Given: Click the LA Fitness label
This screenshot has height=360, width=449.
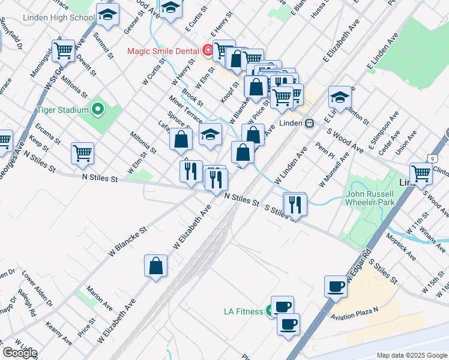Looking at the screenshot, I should [x=243, y=311].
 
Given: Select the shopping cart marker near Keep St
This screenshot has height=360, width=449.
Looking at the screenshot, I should [x=82, y=152].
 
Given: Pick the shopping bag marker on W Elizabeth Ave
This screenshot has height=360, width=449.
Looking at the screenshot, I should [x=156, y=266].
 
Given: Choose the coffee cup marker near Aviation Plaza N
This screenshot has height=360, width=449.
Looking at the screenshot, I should [x=336, y=286].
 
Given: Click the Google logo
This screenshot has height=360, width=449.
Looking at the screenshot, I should [x=19, y=353].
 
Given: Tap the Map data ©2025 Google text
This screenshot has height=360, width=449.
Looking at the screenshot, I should [x=411, y=355].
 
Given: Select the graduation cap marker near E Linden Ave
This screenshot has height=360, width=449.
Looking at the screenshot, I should [x=340, y=98].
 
